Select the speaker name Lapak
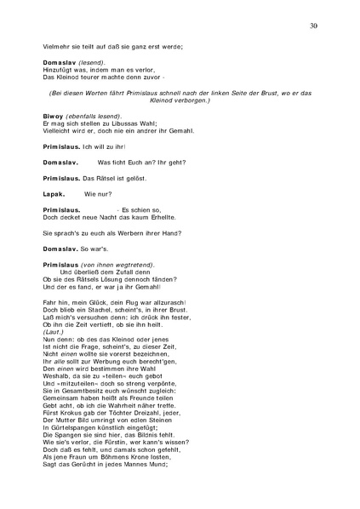point(54,194)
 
